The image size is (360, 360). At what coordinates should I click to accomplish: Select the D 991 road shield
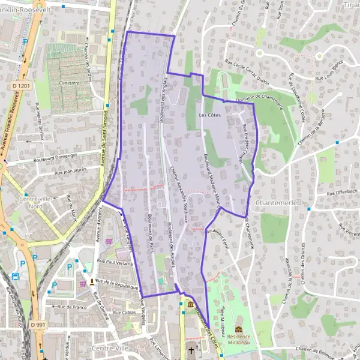[x=38, y=325]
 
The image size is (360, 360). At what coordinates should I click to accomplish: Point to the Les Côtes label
[x=208, y=114]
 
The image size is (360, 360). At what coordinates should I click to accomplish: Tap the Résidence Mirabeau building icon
[x=239, y=329]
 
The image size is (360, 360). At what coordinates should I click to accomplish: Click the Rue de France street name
[x=72, y=307]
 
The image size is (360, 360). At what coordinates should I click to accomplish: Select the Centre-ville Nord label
[x=35, y=202]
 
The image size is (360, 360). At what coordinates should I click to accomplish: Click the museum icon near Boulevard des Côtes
[x=191, y=305]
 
